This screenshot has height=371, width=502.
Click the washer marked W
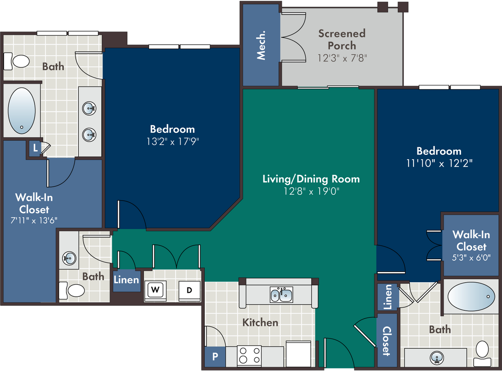155,291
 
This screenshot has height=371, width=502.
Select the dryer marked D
189,291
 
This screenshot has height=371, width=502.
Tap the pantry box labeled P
215,356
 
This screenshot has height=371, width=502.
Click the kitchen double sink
281,295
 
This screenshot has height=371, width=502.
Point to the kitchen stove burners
249,356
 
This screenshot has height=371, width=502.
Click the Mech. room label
261,45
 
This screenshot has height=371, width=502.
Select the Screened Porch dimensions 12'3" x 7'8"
342,58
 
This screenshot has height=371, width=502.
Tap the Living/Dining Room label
311,179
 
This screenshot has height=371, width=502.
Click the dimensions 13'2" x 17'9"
173,141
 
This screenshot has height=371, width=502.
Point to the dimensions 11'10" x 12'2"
439,163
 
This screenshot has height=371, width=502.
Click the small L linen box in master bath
35,148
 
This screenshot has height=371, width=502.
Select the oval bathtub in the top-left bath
22,111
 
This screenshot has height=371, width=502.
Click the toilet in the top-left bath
16,61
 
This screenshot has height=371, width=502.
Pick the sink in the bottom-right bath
436,357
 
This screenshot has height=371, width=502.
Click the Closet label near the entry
387,341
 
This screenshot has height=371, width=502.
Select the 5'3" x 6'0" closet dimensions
471,258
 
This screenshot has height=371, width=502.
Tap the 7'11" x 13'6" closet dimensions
34,220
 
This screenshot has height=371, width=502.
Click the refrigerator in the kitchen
299,354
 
